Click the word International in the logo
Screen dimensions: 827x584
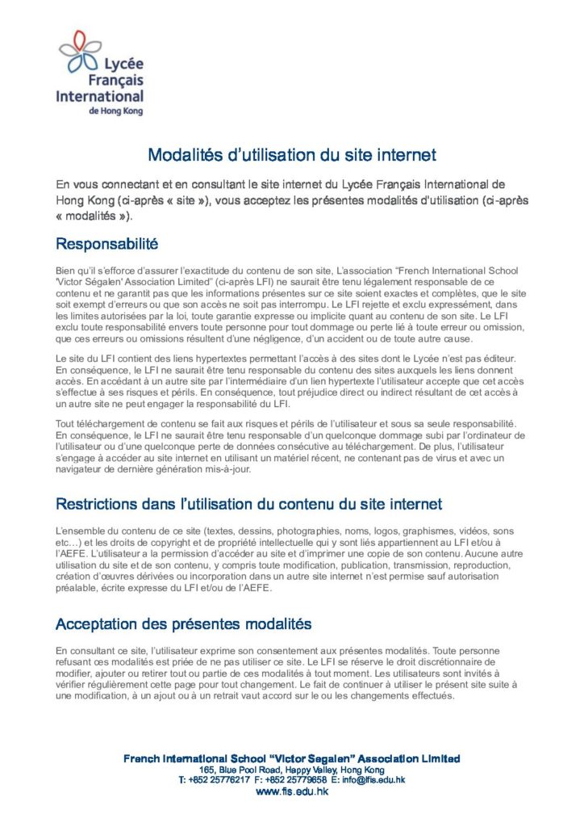(100, 95)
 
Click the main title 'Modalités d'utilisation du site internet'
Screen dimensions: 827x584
(292, 154)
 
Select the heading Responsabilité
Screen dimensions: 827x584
(106, 243)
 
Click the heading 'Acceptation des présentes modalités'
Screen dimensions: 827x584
(183, 624)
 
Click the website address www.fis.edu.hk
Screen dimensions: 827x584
(292, 792)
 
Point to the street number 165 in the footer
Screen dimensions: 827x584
(206, 770)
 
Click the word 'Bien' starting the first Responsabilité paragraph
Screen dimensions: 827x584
(65, 270)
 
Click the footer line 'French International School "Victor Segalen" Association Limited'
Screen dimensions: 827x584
(292, 758)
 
